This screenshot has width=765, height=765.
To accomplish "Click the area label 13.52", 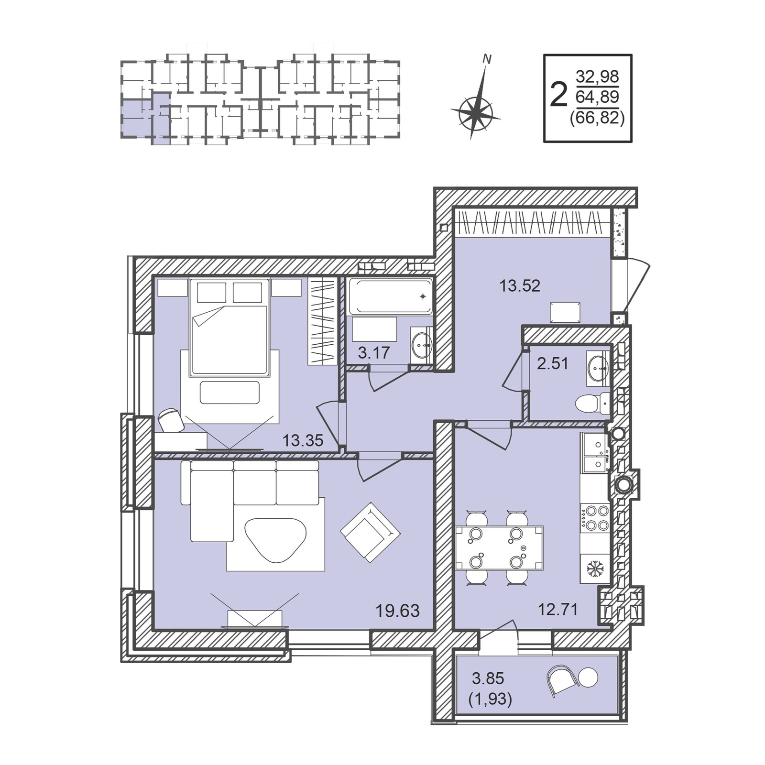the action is pos(520,286).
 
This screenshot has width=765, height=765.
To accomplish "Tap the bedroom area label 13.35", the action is pos(303,440).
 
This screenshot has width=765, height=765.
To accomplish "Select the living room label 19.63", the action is pos(397,611).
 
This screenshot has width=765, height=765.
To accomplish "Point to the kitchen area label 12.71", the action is pos(558,610).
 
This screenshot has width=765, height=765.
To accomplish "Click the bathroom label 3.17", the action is pos(374,353).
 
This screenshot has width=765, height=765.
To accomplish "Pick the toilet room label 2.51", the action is pos(553,363).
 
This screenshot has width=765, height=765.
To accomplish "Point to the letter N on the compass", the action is pos(487,59).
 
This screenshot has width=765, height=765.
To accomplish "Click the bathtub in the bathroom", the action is pos(391,296).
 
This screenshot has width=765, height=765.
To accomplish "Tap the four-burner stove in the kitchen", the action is pos(595,518).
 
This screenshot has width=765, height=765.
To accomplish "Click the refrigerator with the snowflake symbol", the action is pos(595,568).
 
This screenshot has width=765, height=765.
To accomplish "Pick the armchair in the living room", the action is pos(370,532).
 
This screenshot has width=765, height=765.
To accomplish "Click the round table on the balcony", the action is pos(588,678).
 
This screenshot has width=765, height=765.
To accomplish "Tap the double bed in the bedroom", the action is pos(229,328).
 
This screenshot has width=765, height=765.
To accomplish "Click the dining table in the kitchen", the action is pos(499,548).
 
